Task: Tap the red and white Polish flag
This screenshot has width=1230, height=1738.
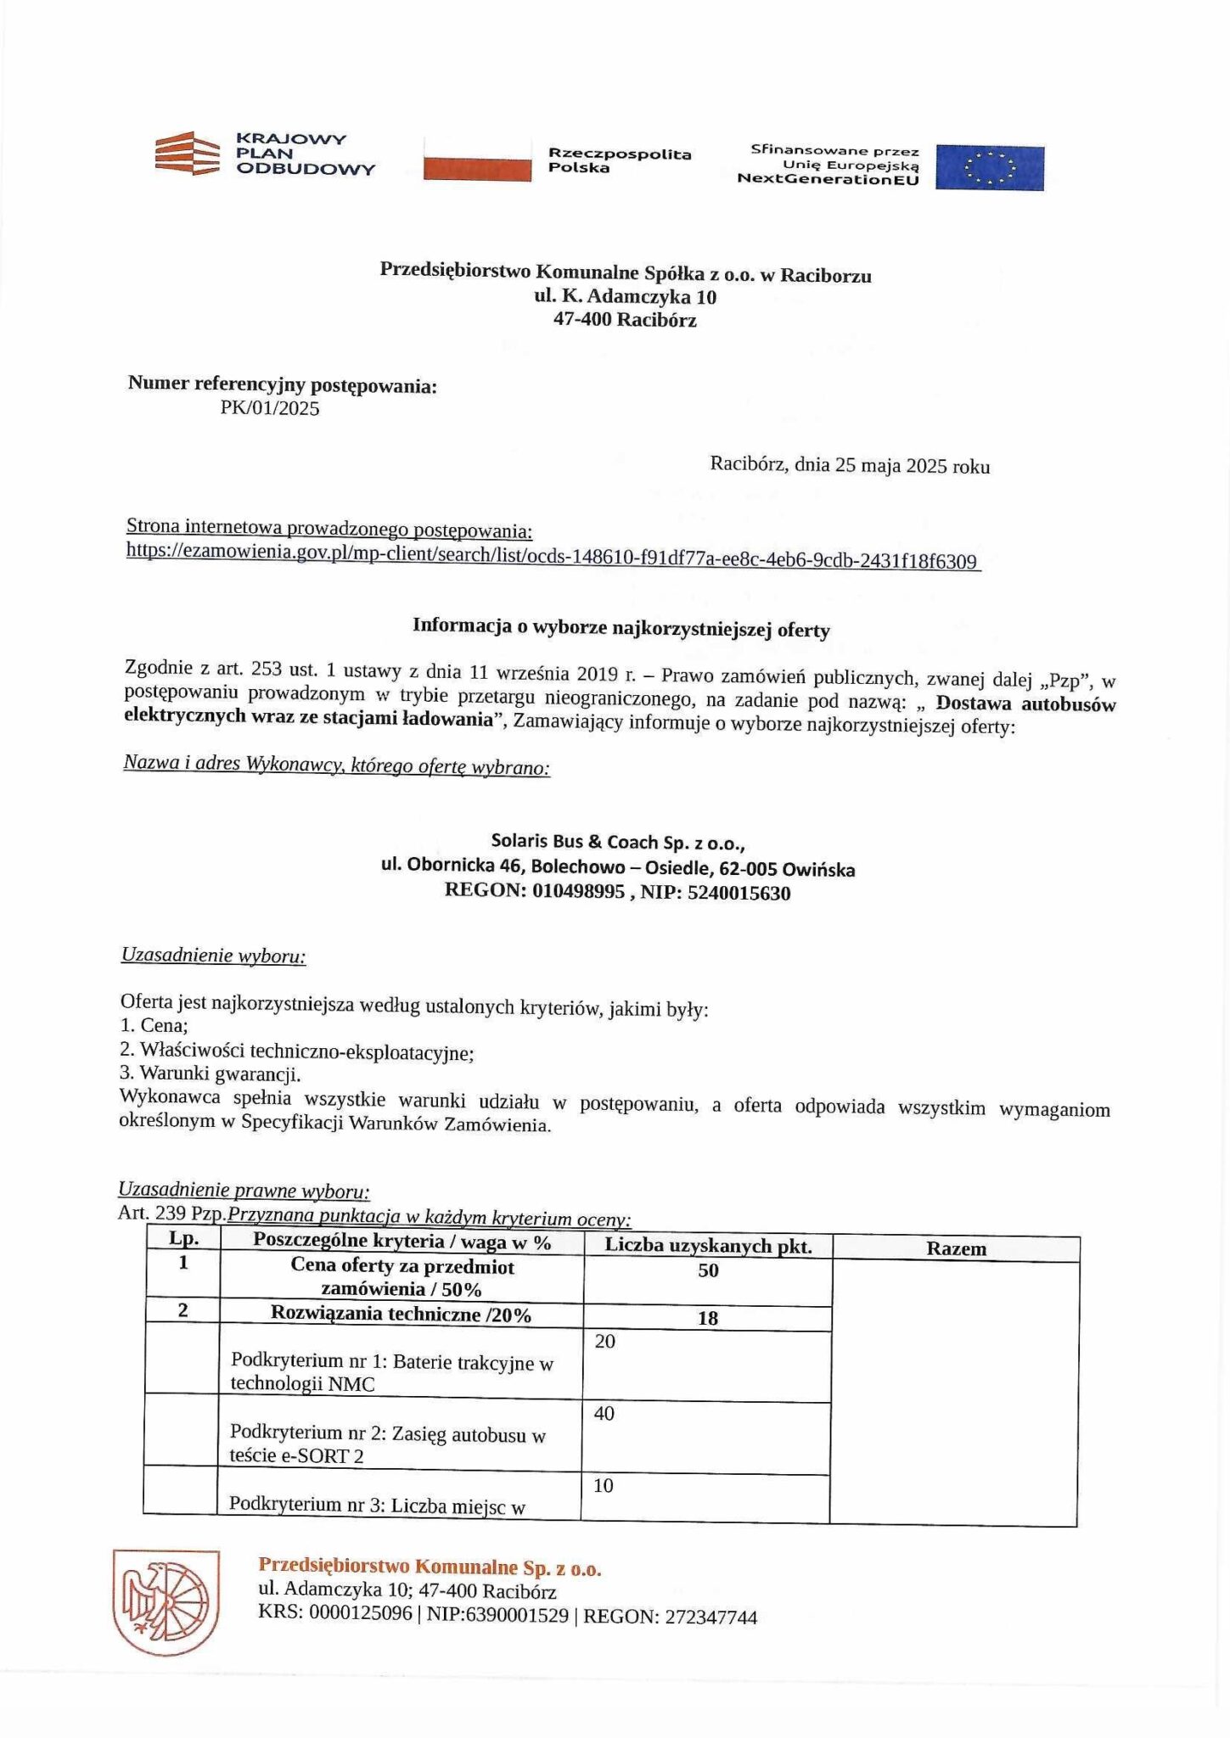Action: pyautogui.click(x=478, y=158)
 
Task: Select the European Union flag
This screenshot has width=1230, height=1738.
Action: pyautogui.click(x=989, y=167)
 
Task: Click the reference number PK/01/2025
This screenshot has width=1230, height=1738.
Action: pyautogui.click(x=270, y=408)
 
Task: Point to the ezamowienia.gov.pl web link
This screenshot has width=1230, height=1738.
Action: pyautogui.click(x=552, y=555)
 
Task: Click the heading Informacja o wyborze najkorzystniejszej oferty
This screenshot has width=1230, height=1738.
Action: pyautogui.click(x=621, y=629)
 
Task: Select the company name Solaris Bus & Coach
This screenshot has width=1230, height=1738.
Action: pyautogui.click(x=617, y=841)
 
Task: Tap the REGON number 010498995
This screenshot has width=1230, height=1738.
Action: pyautogui.click(x=578, y=892)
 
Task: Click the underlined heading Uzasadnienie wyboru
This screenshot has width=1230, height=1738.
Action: pyautogui.click(x=213, y=956)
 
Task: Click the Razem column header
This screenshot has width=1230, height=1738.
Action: pyautogui.click(x=956, y=1248)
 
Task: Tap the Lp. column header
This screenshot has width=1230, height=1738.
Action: pyautogui.click(x=183, y=1238)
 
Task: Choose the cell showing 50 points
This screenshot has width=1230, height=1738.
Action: pyautogui.click(x=707, y=1270)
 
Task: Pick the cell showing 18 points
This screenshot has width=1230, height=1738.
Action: pyautogui.click(x=707, y=1317)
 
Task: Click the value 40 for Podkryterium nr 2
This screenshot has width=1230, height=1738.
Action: pyautogui.click(x=604, y=1413)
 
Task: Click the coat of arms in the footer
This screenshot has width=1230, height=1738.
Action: pyautogui.click(x=166, y=1601)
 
